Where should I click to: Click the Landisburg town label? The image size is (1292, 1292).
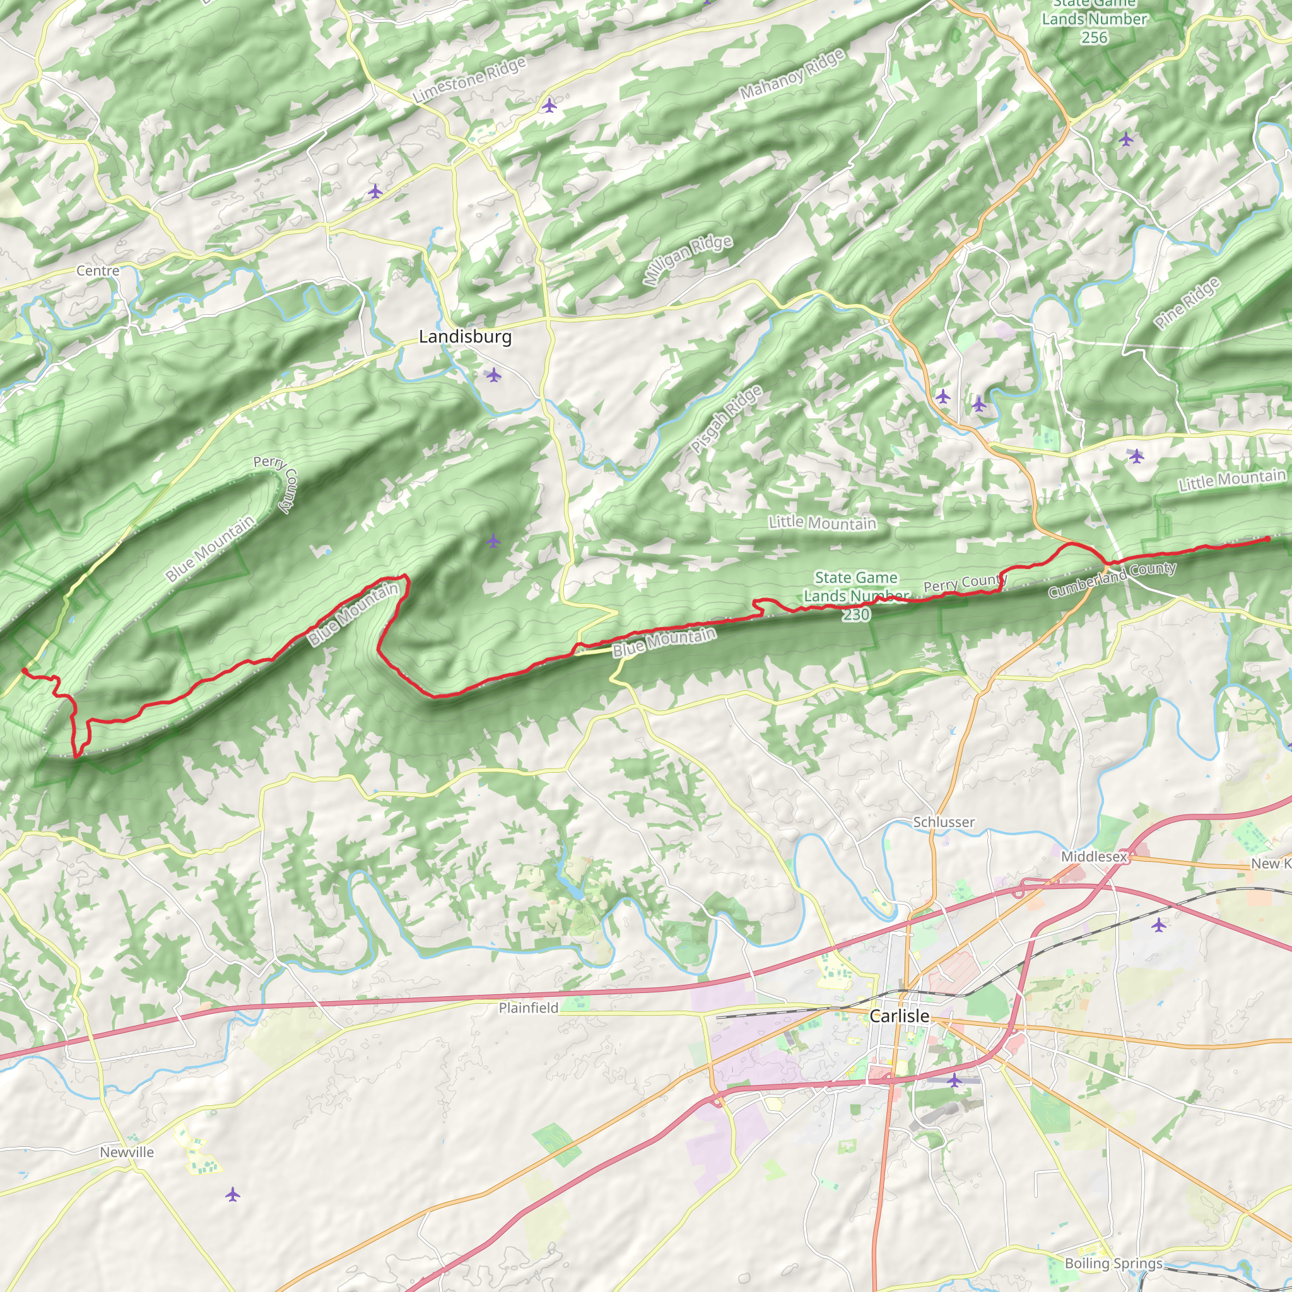tap(465, 336)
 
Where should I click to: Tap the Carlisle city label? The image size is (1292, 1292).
tap(899, 1016)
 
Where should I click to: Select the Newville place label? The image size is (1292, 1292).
tap(126, 1151)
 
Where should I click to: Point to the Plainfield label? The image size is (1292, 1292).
tap(528, 1007)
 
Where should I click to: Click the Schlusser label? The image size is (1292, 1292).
tap(944, 822)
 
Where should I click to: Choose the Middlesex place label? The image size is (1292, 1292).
tap(1093, 856)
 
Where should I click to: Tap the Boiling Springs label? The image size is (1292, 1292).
tap(1113, 1262)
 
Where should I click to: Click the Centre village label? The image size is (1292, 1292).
tap(98, 270)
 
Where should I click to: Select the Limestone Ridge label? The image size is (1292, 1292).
tap(469, 80)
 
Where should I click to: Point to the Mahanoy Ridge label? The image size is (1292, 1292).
tap(792, 75)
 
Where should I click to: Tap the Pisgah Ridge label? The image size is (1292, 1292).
tap(726, 420)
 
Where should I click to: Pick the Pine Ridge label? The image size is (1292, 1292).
tap(1187, 303)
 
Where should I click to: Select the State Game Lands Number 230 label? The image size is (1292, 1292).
tap(855, 595)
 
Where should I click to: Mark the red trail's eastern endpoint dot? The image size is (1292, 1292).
tap(1267, 539)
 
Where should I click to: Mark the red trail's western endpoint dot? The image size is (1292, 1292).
tap(24, 669)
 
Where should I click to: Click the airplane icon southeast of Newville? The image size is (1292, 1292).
tap(232, 1194)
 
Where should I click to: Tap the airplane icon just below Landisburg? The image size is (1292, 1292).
tap(493, 375)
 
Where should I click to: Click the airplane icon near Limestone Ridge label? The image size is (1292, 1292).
tap(549, 105)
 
